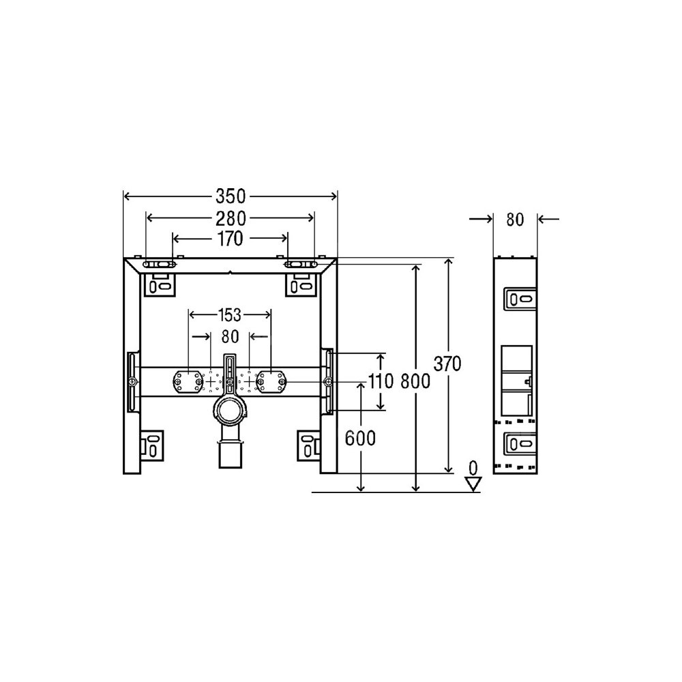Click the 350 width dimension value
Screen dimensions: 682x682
(231, 196)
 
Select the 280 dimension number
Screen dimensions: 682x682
(231, 218)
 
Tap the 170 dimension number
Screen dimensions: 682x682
(230, 239)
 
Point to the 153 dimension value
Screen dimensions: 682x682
(229, 314)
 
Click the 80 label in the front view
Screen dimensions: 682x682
(230, 336)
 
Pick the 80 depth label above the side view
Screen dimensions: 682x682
(515, 220)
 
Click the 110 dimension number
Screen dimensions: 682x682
(381, 382)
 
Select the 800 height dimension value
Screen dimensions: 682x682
(415, 382)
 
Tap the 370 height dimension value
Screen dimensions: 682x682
(447, 364)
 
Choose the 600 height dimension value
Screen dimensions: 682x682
(360, 439)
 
